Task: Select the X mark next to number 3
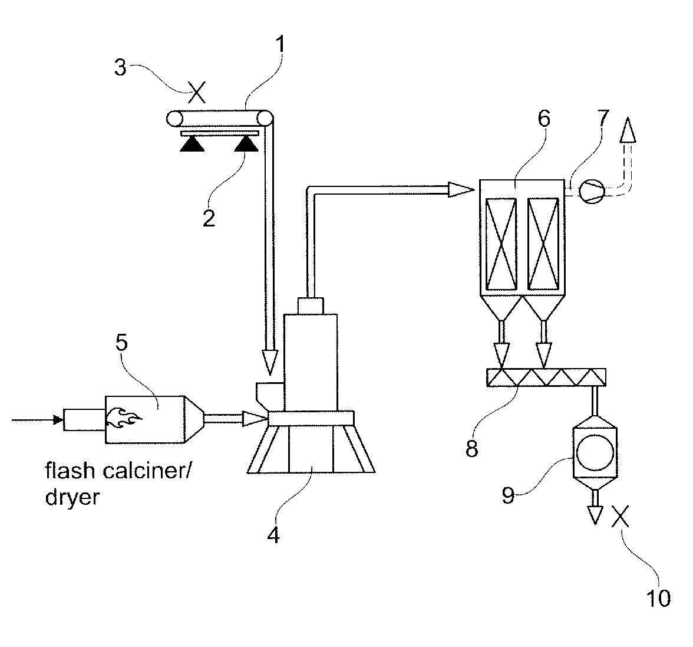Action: pos(196,93)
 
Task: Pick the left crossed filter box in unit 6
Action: pos(500,244)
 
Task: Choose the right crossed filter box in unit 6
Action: pos(544,244)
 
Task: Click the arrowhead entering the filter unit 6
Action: pos(461,189)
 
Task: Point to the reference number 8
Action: pos(472,448)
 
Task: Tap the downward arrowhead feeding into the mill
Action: pos(269,362)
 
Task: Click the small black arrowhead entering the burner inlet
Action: pos(58,420)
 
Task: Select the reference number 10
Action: pos(658,599)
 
